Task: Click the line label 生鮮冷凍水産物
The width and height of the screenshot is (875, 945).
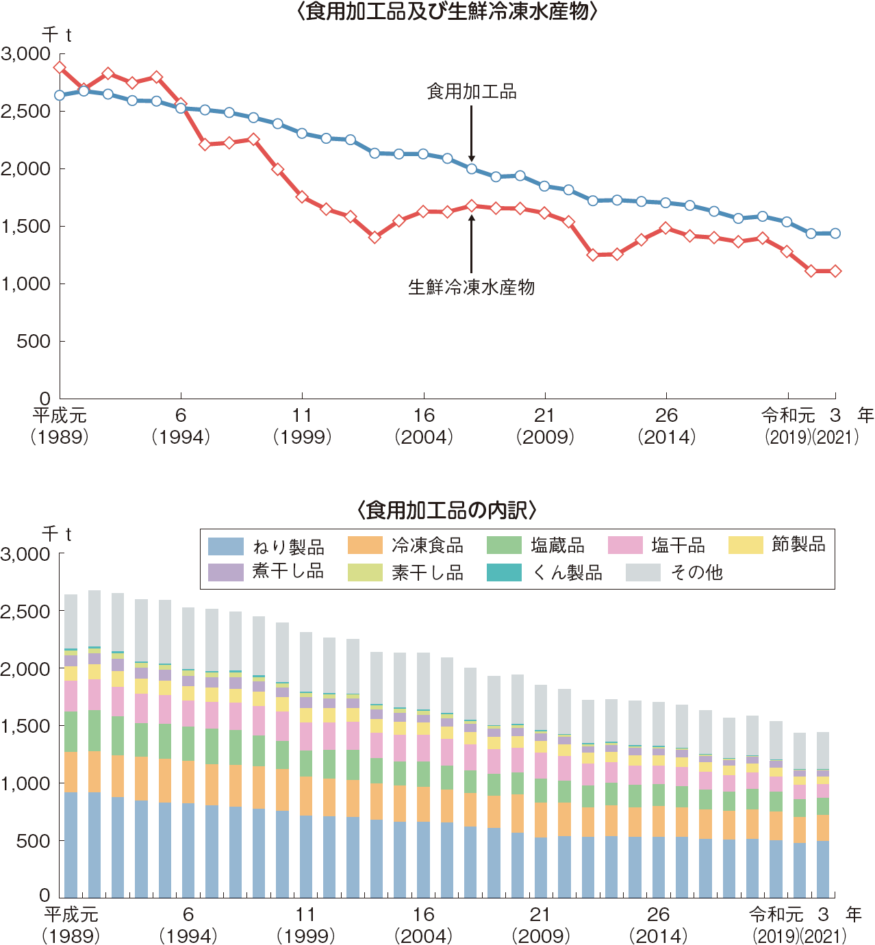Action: pyautogui.click(x=471, y=288)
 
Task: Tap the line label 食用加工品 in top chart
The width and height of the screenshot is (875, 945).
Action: pyautogui.click(x=471, y=92)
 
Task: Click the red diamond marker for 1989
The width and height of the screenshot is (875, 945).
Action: pyautogui.click(x=60, y=68)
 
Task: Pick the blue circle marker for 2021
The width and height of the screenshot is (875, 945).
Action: pyautogui.click(x=835, y=234)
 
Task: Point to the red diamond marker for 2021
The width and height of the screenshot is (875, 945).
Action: pyautogui.click(x=835, y=271)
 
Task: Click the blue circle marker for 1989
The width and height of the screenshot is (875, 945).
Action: pyautogui.click(x=60, y=95)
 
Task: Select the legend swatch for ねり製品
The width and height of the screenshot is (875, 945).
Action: pyautogui.click(x=225, y=546)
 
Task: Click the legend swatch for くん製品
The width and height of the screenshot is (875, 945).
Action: pyautogui.click(x=504, y=572)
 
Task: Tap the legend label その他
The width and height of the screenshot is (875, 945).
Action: pyautogui.click(x=696, y=572)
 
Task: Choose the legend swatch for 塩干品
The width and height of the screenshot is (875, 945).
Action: pyautogui.click(x=625, y=546)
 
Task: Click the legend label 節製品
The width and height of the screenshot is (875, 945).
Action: pyautogui.click(x=798, y=545)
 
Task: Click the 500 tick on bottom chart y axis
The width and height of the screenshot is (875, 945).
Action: pyautogui.click(x=34, y=840)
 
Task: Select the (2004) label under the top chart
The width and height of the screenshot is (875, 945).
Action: pyautogui.click(x=424, y=437)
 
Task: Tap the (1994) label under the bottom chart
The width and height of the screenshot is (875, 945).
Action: pyautogui.click(x=188, y=935)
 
